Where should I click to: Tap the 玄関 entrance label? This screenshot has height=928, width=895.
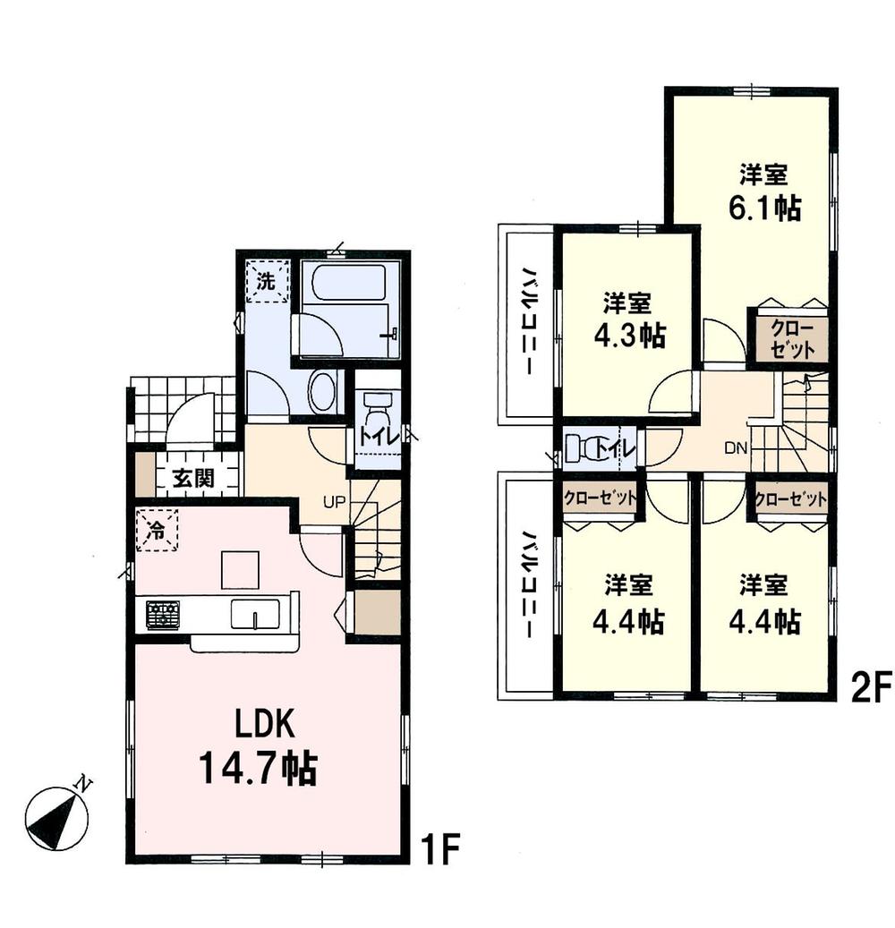[x=193, y=478]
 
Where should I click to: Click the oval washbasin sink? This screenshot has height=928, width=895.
[x=321, y=392]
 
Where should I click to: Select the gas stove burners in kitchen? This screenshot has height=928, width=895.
[x=163, y=614]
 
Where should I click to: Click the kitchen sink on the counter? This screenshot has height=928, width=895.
[x=255, y=614]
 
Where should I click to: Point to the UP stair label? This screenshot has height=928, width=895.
[x=334, y=502]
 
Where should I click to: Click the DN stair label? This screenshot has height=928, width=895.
[x=735, y=449]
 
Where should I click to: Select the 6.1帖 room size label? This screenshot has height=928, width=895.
[x=763, y=207]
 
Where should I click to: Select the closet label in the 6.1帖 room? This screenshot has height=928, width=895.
[x=793, y=337]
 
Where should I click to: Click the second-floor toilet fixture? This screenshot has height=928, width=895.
[x=585, y=447]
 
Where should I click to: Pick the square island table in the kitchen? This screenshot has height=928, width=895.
[x=240, y=570]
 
